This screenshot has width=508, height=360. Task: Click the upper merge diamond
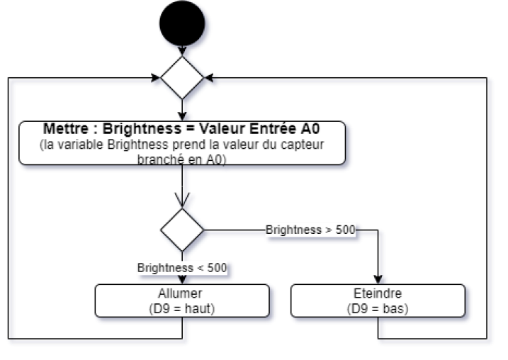[183, 78]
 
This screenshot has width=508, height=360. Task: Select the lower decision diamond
[183, 230]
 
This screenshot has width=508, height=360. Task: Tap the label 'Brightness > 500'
[310, 230]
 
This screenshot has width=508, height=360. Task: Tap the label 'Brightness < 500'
[182, 268]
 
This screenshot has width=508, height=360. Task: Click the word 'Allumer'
[182, 293]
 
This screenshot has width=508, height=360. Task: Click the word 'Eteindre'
[378, 293]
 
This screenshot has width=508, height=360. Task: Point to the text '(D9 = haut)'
[182, 308]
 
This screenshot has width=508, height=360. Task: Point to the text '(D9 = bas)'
[378, 308]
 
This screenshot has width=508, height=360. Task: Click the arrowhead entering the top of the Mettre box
[186, 116]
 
